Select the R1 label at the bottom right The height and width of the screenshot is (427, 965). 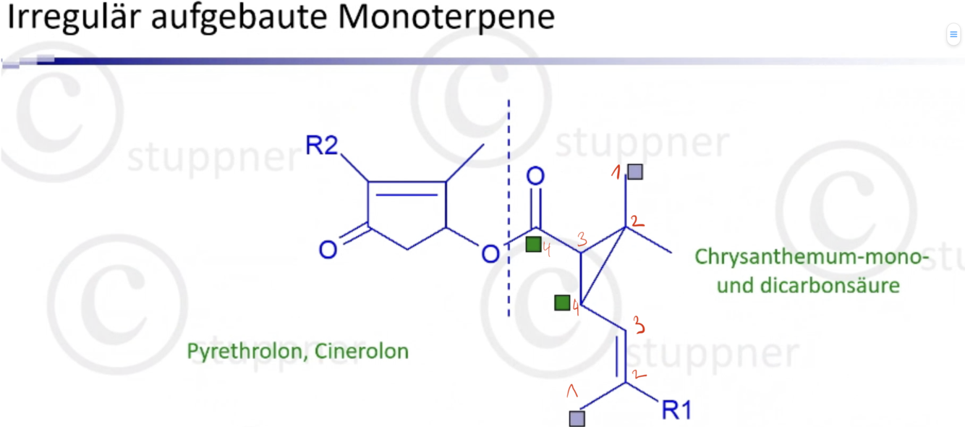pyautogui.click(x=676, y=411)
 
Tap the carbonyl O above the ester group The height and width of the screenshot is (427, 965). pyautogui.click(x=535, y=176)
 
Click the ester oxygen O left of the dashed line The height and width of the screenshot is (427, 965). pyautogui.click(x=490, y=253)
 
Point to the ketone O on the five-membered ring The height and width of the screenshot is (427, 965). pyautogui.click(x=328, y=250)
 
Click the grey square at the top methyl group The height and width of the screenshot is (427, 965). pyautogui.click(x=635, y=172)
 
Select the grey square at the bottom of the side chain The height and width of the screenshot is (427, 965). pyautogui.click(x=577, y=418)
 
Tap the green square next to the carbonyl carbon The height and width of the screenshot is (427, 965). pyautogui.click(x=533, y=244)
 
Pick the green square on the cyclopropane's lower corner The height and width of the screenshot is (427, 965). pyautogui.click(x=562, y=303)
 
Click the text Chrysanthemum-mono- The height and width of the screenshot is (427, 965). pyautogui.click(x=808, y=256)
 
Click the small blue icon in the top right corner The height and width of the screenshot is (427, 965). pyautogui.click(x=953, y=34)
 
